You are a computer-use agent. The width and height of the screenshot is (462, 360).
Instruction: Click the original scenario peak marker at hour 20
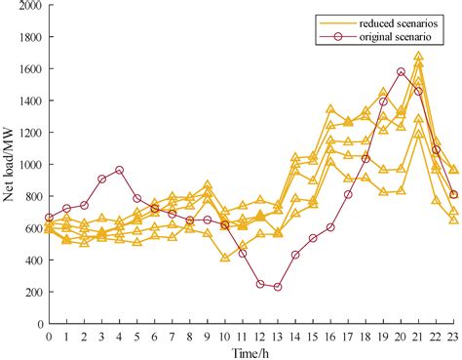401,71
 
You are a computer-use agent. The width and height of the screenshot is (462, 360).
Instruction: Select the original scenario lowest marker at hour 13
278,287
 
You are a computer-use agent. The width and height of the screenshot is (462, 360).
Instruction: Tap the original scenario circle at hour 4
119,170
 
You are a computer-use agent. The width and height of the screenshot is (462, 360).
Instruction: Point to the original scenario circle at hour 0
49,218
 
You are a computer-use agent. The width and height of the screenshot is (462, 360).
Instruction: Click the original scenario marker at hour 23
453,194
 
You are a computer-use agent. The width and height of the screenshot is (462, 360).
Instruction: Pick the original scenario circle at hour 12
260,284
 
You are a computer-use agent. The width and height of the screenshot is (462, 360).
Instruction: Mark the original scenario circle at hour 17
348,194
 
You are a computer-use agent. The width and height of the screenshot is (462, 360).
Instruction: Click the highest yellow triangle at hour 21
418,57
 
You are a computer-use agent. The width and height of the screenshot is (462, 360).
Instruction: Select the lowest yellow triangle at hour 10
224,259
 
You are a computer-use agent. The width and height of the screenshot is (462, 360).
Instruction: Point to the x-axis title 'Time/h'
250,352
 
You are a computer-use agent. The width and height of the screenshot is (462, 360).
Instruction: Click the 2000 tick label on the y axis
29,6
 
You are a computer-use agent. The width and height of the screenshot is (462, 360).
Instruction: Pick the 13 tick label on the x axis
278,336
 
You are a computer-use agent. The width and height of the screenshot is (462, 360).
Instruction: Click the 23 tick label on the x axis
452,336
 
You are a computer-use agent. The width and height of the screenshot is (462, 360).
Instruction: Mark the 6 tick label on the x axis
154,336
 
